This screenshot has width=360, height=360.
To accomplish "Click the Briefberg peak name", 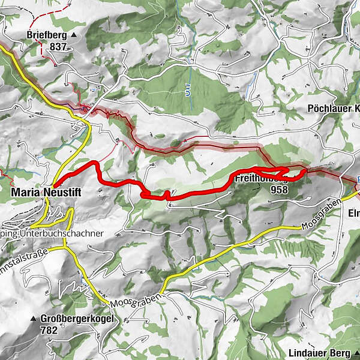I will [x=47, y=35].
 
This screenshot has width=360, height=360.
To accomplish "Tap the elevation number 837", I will [x=59, y=46].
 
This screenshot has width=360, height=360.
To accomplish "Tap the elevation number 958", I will [x=279, y=190].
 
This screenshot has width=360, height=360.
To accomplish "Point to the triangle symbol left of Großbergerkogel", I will [x=34, y=319].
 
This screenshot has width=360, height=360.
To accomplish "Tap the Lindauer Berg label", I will [x=317, y=353].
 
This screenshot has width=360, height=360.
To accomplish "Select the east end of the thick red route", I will [x=305, y=170].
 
